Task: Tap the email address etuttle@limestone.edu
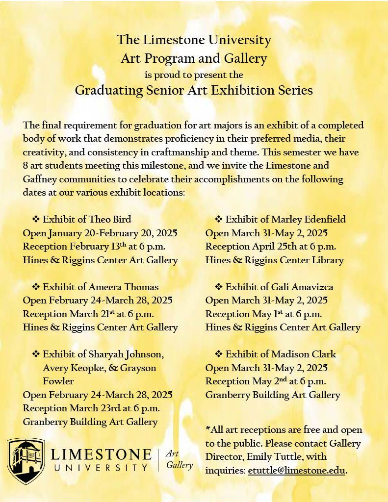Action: [297, 471]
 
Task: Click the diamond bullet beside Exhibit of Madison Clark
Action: [218, 354]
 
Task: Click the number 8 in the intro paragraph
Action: [26, 165]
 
